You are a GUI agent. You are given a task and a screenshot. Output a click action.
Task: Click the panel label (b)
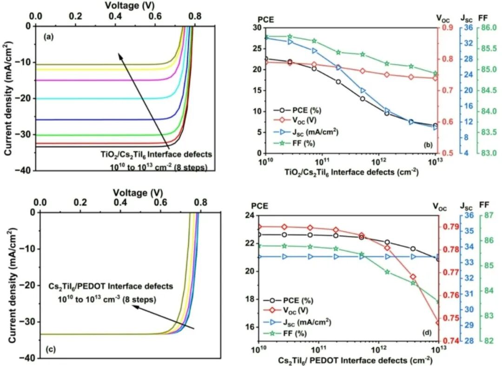click(x=428, y=146)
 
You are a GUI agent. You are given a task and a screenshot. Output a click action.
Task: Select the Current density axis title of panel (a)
click(x=8, y=98)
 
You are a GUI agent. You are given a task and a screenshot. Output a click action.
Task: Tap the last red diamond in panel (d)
click(x=438, y=322)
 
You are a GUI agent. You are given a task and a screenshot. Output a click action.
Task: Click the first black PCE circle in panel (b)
click(x=265, y=59)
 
